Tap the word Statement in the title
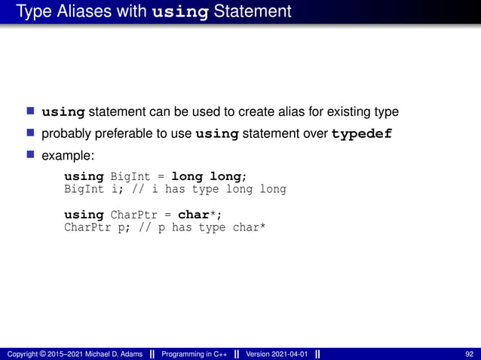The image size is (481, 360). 254,12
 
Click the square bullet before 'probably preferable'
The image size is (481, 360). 31,134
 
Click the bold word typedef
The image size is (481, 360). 362,135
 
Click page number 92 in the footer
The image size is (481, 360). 470,354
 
